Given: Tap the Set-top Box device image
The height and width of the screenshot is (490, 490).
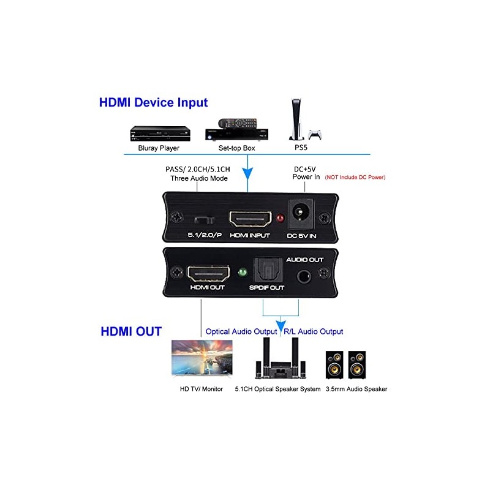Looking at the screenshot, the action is click(237, 130).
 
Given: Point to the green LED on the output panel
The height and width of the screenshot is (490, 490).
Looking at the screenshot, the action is click(242, 270).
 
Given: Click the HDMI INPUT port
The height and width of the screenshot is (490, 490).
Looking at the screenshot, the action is click(250, 218).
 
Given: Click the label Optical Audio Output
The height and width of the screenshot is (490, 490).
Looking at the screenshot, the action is click(241, 331).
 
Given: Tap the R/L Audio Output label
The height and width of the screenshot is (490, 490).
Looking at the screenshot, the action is click(313, 331).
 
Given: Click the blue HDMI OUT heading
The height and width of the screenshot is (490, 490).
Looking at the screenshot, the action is click(131, 331).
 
